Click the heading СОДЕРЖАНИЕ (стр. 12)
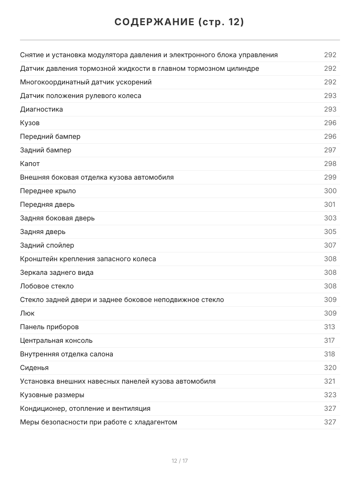(x=180, y=22)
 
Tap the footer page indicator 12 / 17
(x=180, y=461)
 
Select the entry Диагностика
(x=42, y=109)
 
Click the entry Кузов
(x=30, y=123)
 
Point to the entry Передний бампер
(x=50, y=136)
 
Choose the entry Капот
(x=30, y=164)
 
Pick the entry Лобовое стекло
(x=47, y=286)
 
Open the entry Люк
(x=27, y=313)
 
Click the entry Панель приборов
(x=49, y=327)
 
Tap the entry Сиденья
(x=34, y=368)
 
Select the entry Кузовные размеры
(x=52, y=395)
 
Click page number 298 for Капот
(x=330, y=164)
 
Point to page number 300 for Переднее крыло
(x=330, y=191)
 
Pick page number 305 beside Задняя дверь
(x=330, y=232)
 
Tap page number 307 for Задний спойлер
(x=330, y=245)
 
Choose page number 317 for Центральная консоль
(x=329, y=340)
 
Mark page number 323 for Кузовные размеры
(x=330, y=395)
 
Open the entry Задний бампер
(x=46, y=150)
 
